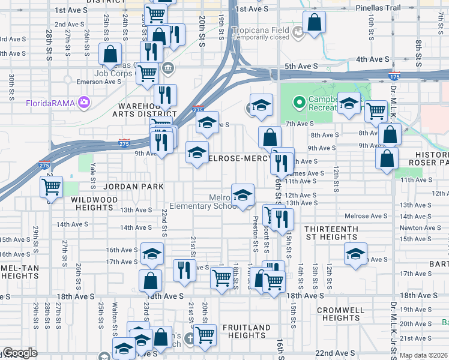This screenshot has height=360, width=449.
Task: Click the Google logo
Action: (x=20, y=353)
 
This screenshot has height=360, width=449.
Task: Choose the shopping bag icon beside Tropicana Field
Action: (x=315, y=23)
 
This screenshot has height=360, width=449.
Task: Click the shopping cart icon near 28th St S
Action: (x=51, y=187)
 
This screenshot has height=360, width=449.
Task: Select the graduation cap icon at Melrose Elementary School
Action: (x=243, y=195)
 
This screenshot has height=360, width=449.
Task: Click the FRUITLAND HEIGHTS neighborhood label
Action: (x=247, y=332)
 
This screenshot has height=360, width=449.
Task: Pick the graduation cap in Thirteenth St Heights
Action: (x=355, y=254)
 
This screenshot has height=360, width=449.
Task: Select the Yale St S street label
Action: (x=92, y=175)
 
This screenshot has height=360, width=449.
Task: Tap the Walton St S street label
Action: (x=114, y=316)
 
